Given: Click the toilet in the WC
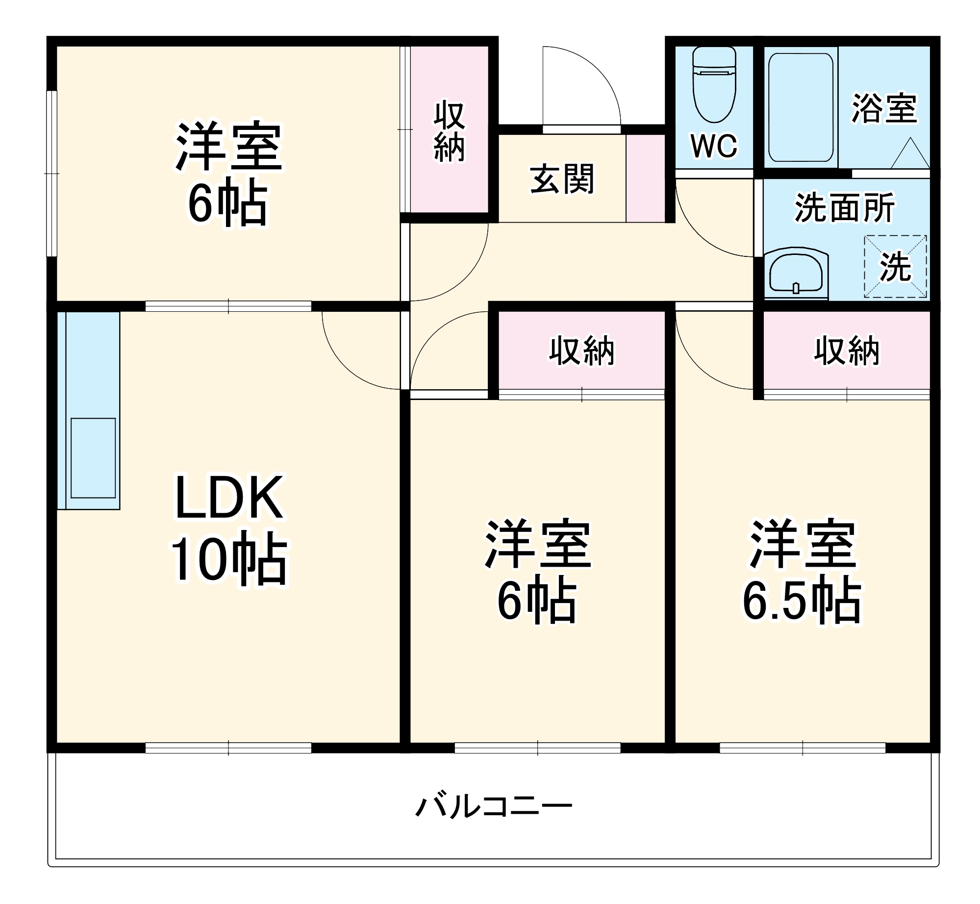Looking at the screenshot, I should (714, 86).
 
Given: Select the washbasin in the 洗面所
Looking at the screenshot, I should (796, 275).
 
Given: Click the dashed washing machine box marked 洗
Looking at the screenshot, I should (895, 267).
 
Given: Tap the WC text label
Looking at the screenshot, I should (714, 145).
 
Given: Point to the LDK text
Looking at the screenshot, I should (229, 497).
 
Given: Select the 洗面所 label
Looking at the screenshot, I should (845, 207).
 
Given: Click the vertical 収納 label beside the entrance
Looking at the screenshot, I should (449, 131).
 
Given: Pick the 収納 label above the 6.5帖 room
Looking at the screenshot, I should (847, 351).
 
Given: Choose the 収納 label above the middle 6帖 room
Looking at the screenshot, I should (581, 351).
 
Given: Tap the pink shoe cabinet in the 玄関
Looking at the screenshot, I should (645, 178).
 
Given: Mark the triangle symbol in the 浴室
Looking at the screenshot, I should (910, 153).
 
